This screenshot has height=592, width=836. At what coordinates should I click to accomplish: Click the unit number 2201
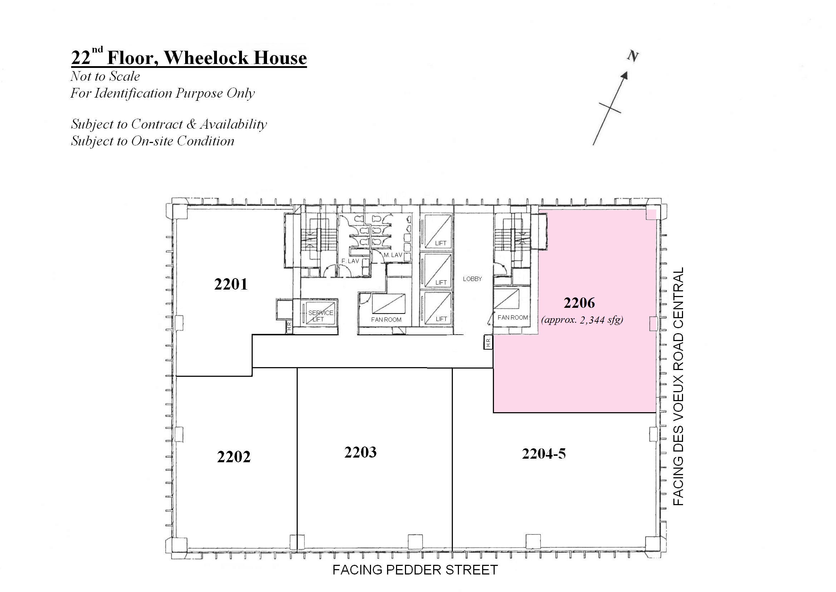pyautogui.click(x=231, y=284)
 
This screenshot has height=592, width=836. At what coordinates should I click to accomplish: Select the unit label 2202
pyautogui.click(x=234, y=457)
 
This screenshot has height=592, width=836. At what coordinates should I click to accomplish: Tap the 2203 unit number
pyautogui.click(x=360, y=452)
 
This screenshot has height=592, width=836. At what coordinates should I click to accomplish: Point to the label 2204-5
pyautogui.click(x=544, y=454)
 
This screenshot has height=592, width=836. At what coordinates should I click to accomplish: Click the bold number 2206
pyautogui.click(x=579, y=302)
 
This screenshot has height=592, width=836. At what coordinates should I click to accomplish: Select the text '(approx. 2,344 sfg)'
pyautogui.click(x=582, y=320)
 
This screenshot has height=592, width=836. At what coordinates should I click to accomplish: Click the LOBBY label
pyautogui.click(x=472, y=279)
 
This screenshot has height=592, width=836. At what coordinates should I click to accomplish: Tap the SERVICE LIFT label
pyautogui.click(x=320, y=316)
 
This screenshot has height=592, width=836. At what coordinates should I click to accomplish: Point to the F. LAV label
pyautogui.click(x=350, y=261)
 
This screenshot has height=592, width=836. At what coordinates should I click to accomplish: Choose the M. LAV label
pyautogui.click(x=393, y=255)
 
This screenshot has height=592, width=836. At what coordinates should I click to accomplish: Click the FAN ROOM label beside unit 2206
pyautogui.click(x=513, y=317)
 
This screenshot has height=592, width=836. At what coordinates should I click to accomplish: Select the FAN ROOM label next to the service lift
pyautogui.click(x=386, y=320)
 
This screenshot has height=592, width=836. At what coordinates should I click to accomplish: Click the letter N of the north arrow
pyautogui.click(x=633, y=56)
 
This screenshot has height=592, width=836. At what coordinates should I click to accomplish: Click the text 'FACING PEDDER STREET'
pyautogui.click(x=415, y=570)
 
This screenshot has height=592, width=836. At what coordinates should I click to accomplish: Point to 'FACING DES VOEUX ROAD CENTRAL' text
pyautogui.click(x=678, y=386)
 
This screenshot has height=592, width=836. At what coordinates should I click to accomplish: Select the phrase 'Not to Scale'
pyautogui.click(x=105, y=76)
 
